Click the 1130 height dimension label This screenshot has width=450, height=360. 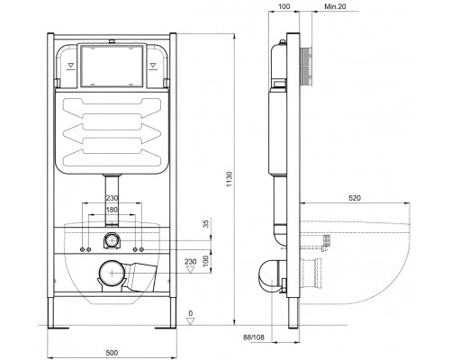tap(229, 179)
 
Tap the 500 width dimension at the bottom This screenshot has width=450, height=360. tap(112, 353)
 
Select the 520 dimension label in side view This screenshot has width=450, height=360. tap(355, 198)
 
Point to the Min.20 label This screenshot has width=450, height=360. tap(335, 6)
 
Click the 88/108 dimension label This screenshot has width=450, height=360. tap(254, 337)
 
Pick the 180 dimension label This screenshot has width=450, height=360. tap(112, 210)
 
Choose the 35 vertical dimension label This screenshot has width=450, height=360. tap(206, 223)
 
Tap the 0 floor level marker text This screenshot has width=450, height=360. tap(191, 313)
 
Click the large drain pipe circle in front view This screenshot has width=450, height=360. tap(112, 273)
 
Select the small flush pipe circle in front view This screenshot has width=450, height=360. tap(112, 240)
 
